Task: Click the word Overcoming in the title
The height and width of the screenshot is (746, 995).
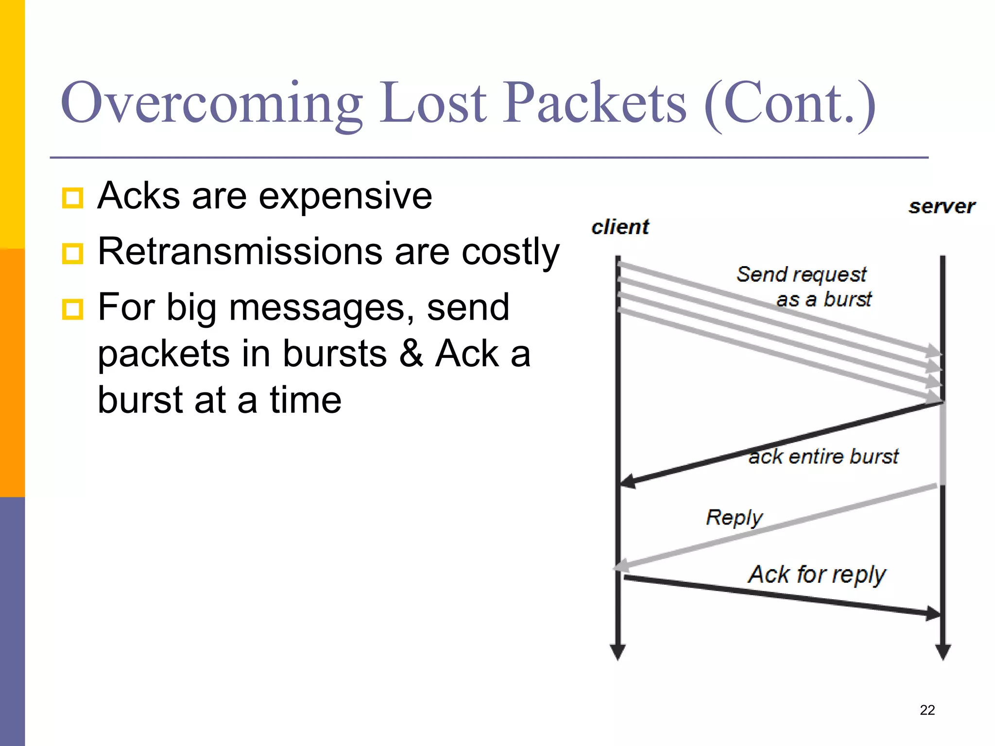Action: coord(211,103)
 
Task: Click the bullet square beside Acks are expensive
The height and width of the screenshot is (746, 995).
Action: coord(73,198)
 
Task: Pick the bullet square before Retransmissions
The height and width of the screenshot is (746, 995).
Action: coord(73,254)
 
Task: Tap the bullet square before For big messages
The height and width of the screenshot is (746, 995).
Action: coord(73,309)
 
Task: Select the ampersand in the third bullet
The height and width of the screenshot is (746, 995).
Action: coord(411,354)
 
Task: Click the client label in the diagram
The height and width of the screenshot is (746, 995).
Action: coord(620,227)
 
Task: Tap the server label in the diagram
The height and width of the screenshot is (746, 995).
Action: coord(942,207)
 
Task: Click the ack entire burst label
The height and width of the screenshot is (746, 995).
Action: coord(823,457)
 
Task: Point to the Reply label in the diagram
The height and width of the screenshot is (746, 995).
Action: coord(734,518)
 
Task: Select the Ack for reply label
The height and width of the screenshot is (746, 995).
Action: coord(817,575)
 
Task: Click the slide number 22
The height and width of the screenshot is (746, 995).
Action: coord(927,710)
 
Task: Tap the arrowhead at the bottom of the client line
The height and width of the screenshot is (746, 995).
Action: coord(618,652)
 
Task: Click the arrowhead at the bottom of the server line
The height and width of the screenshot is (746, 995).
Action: coord(943,652)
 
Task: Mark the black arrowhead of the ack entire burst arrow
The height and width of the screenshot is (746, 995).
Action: coord(627,481)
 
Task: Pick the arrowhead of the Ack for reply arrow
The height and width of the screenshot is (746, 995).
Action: coord(933,613)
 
